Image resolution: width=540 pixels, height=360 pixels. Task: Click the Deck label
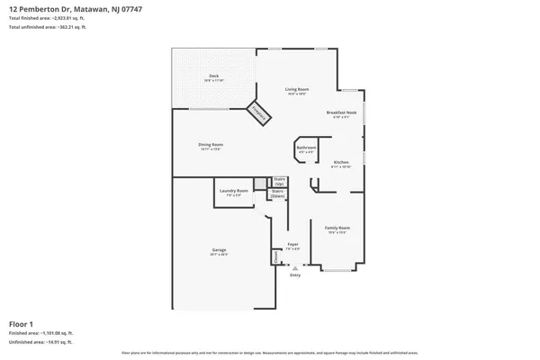pyautogui.click(x=213, y=76)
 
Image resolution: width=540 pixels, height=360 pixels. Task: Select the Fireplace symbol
pyautogui.click(x=259, y=112)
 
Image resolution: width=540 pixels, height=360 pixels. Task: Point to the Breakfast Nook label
pyautogui.click(x=342, y=113)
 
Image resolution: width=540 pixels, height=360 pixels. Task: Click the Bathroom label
pyautogui.click(x=306, y=148)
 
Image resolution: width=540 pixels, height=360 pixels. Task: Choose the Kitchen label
pyautogui.click(x=341, y=163)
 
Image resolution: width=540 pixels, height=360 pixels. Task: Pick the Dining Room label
pyautogui.click(x=211, y=145)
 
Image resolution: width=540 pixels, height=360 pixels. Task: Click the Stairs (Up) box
pyautogui.click(x=279, y=181)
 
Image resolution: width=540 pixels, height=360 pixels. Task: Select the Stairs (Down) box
pyautogui.click(x=278, y=193)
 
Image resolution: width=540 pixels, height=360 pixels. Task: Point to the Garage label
pyautogui.click(x=219, y=250)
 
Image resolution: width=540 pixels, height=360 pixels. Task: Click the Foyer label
pyautogui.click(x=292, y=245)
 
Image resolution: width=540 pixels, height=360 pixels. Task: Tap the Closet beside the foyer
pyautogui.click(x=274, y=256)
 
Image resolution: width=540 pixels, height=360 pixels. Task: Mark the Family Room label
pyautogui.click(x=337, y=229)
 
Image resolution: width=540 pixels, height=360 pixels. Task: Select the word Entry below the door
pyautogui.click(x=294, y=275)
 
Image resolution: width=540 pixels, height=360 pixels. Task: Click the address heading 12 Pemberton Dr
pyautogui.click(x=63, y=8)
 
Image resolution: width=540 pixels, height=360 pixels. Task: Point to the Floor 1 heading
pyautogui.click(x=21, y=323)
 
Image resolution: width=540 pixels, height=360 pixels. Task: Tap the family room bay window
pyautogui.click(x=338, y=269)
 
